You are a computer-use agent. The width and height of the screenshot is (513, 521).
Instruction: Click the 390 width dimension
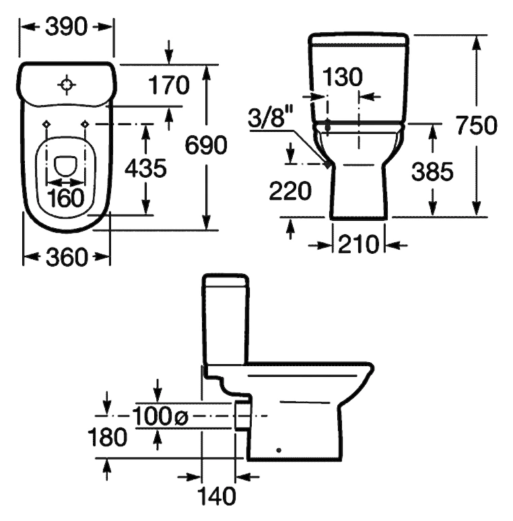(67, 26)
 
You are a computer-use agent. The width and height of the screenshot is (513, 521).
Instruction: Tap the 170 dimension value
(169, 85)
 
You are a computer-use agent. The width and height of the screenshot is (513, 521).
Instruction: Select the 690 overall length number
(206, 145)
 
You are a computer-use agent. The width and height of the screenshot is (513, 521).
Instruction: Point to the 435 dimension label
(145, 168)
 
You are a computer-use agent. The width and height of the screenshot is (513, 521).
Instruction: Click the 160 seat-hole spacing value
(66, 198)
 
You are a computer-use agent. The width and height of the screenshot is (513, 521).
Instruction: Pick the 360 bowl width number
(67, 257)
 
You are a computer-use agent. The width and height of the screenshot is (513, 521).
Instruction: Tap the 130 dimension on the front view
(343, 77)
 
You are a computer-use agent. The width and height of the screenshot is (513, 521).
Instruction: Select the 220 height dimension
(290, 191)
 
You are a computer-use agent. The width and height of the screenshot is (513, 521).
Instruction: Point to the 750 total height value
(477, 125)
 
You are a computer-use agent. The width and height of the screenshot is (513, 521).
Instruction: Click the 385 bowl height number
(432, 172)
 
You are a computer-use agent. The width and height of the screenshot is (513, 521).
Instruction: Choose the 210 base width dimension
(359, 244)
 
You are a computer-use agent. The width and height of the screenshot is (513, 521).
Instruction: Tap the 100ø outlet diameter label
(160, 416)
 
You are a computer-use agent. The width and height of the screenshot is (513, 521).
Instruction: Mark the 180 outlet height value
(107, 437)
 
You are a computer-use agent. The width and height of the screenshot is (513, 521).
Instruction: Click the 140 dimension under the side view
(217, 496)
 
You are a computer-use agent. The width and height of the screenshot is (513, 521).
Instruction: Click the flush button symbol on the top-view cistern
(67, 85)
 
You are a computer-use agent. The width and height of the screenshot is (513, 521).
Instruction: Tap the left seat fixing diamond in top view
(47, 125)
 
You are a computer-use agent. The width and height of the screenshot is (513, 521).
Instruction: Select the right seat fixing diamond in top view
(85, 125)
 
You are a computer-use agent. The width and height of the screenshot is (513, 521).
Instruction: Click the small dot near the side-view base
(279, 450)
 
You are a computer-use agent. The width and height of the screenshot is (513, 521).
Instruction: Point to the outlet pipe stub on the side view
(242, 416)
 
